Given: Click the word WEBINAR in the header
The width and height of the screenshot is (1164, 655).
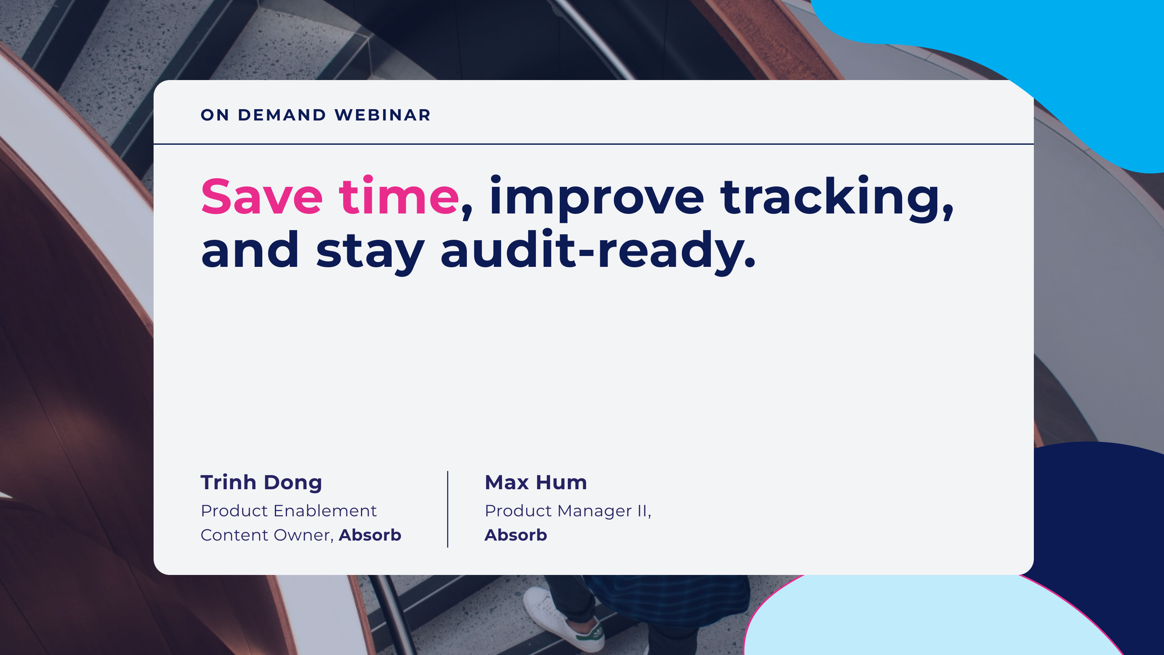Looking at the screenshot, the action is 383,115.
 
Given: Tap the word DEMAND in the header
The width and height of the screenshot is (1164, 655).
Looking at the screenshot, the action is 282,115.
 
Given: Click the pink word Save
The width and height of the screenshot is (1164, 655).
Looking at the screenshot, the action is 262,196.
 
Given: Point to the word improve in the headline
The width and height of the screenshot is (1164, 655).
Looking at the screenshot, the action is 597,198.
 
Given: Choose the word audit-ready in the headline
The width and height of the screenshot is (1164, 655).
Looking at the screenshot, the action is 597,251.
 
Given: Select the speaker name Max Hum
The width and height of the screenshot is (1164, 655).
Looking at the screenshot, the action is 536,482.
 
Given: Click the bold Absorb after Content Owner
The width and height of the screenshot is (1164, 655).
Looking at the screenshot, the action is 370,535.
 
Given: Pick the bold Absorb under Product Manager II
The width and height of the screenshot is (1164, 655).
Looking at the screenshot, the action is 516,535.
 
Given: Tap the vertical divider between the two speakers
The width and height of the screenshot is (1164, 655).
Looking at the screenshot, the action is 448,509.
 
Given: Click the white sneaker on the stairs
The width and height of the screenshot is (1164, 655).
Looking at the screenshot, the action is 563,617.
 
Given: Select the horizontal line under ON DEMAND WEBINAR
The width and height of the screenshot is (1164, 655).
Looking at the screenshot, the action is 593,144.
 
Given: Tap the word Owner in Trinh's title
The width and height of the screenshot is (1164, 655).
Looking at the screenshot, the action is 304,535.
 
